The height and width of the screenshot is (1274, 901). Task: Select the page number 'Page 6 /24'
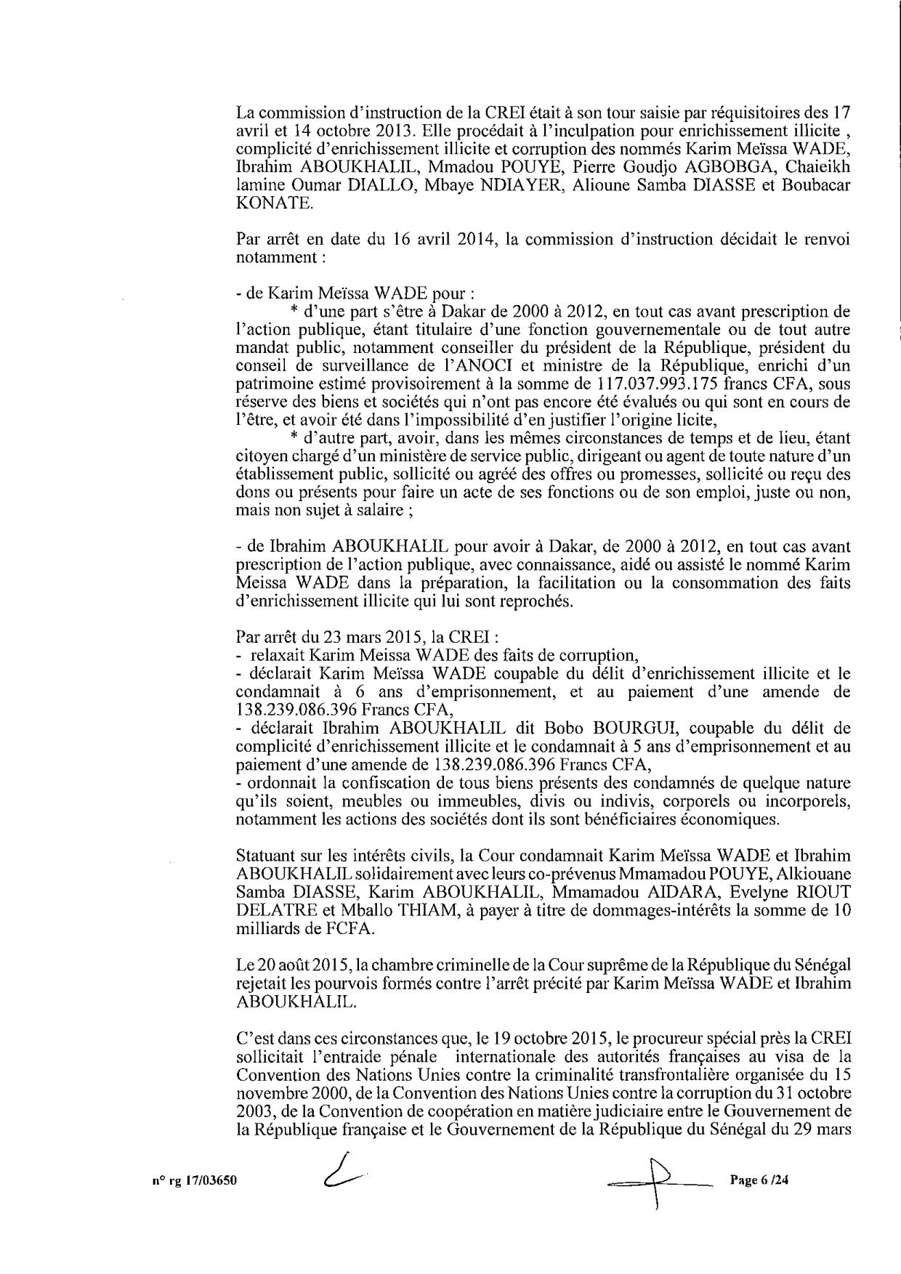(x=759, y=1180)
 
